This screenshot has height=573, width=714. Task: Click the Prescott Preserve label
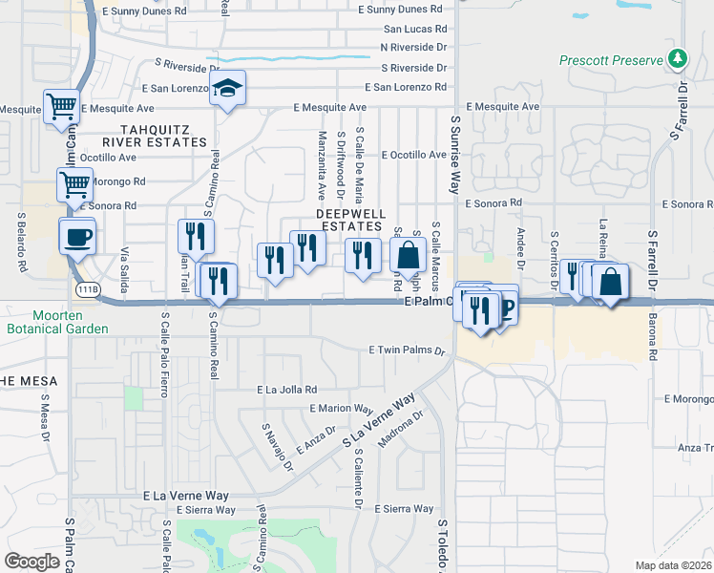coord(611,60)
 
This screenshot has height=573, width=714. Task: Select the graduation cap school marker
coord(227,89)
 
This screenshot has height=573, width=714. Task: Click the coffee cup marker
coord(77,236)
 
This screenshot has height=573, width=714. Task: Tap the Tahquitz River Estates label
coord(163,135)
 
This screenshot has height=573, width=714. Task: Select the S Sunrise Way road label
coord(454,162)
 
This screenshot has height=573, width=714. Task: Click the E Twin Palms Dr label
coord(408,350)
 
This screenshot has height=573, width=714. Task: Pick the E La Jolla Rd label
coord(286,390)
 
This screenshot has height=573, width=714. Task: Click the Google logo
coord(32,562)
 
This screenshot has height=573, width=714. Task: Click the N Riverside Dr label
coord(413,46)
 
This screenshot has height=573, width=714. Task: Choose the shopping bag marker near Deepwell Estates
coord(408,255)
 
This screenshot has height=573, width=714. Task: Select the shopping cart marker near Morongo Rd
coord(74,182)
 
